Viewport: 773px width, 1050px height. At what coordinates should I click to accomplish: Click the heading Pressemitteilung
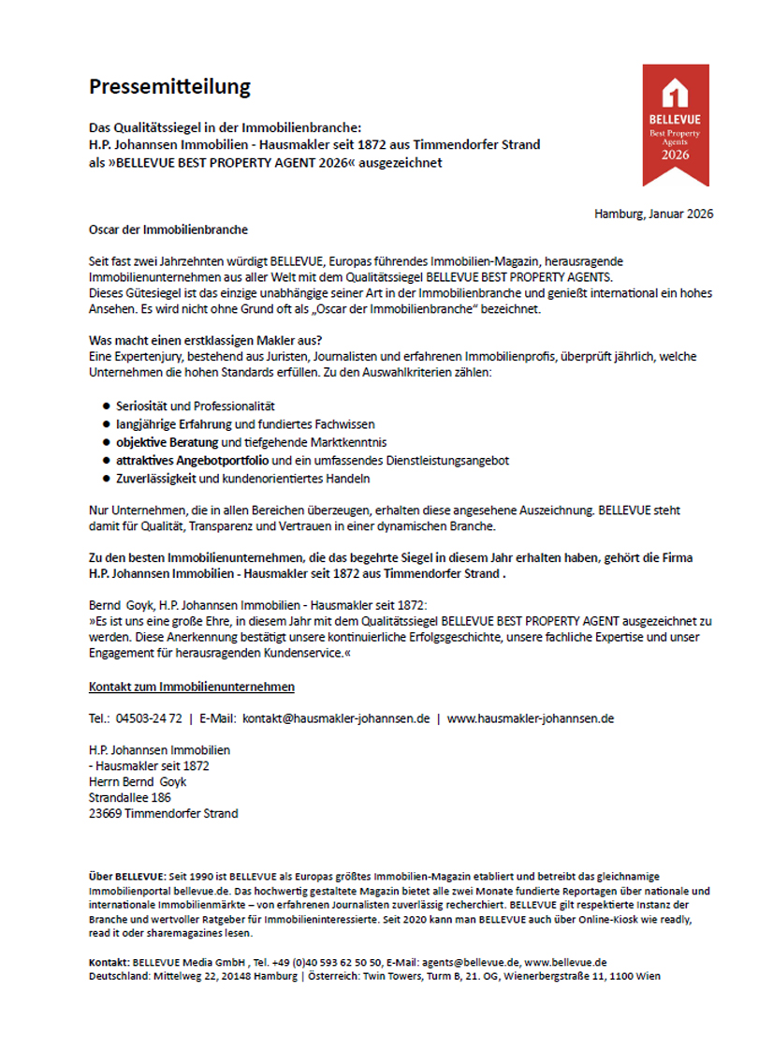169,87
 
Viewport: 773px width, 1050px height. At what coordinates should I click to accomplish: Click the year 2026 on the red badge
675,155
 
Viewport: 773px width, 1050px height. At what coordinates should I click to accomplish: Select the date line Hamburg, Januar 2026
653,214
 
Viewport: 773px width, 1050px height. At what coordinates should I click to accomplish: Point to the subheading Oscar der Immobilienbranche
168,229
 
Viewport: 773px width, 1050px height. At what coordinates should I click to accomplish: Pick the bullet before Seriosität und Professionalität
106,406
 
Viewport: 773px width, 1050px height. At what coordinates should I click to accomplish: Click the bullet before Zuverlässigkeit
106,479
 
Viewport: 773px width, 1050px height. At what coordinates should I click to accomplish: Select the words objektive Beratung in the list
167,442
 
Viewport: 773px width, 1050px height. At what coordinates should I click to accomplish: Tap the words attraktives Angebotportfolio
192,460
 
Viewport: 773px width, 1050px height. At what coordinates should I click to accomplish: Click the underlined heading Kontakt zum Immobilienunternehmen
192,687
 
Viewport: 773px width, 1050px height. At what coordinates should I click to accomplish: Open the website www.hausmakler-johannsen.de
530,719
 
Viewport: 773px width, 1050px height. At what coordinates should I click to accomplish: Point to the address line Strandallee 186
130,797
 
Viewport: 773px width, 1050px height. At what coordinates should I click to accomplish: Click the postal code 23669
106,813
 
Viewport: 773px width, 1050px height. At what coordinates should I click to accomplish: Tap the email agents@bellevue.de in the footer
471,962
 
